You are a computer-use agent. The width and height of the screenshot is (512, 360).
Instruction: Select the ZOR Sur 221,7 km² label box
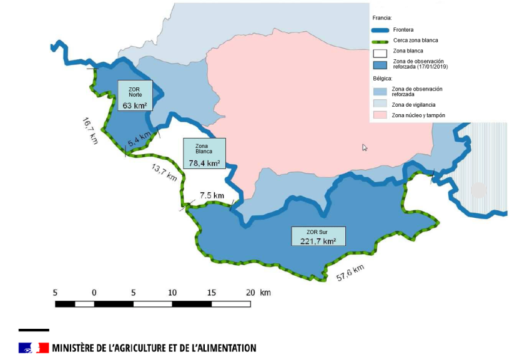318,235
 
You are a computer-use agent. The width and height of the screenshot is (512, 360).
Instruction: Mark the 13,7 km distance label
164,172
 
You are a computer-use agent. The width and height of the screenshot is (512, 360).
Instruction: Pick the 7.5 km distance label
212,195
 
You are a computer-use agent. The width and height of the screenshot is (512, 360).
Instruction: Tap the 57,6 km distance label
350,272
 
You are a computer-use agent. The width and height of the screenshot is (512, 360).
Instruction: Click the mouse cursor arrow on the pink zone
365,147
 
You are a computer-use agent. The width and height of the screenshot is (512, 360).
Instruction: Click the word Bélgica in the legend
382,79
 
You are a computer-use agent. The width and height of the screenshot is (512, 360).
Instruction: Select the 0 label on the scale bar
94,292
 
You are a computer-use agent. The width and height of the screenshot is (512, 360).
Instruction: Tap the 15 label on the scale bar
211,292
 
